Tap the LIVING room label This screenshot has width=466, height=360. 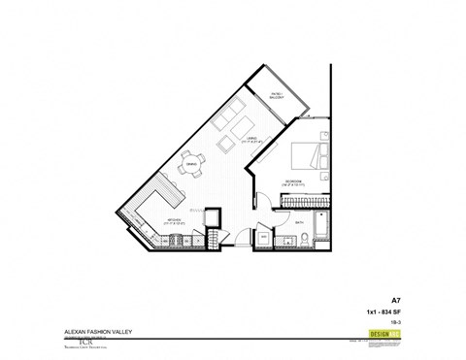pos(250,138)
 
